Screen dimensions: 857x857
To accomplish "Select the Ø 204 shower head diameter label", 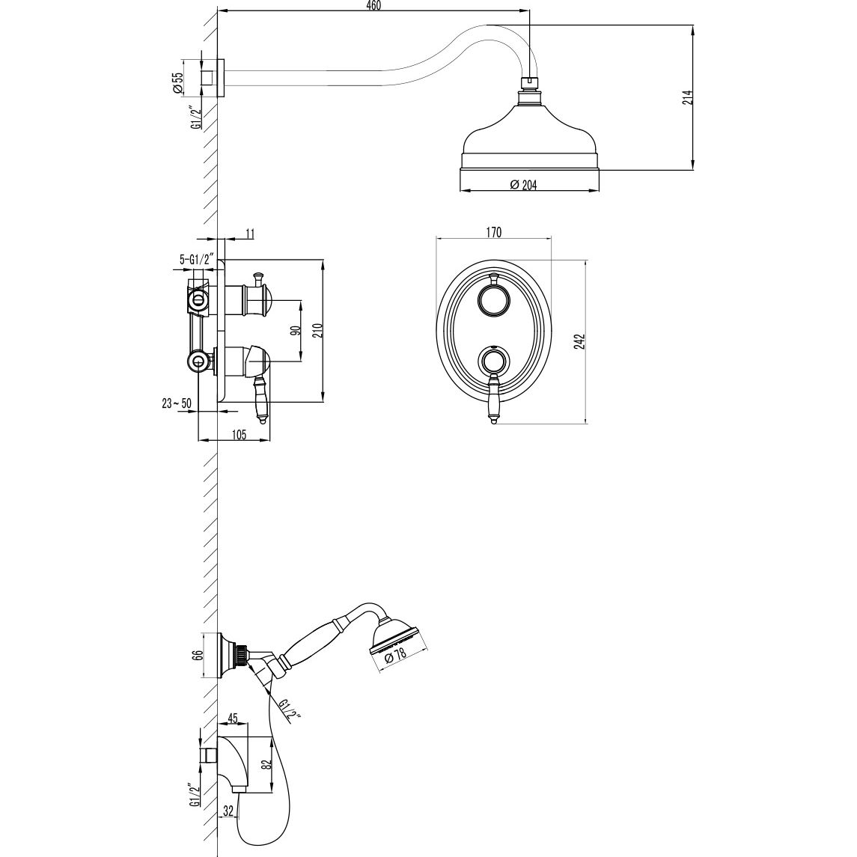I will [523, 185].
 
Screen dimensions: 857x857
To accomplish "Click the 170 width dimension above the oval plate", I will [493, 232].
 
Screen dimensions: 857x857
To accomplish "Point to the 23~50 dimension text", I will [177, 403].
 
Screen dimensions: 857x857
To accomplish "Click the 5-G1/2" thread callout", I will [197, 259].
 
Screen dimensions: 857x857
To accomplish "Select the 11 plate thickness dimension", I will [250, 234].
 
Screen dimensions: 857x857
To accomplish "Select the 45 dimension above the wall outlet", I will [232, 719].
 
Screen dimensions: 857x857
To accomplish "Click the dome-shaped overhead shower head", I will [529, 135].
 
